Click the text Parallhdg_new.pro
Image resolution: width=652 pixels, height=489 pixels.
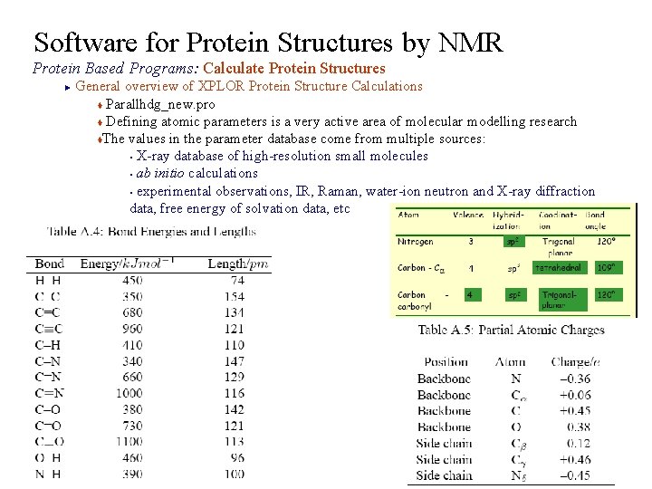160,104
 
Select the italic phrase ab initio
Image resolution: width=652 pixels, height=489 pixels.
163,173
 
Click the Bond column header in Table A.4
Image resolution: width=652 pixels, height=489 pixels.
49,264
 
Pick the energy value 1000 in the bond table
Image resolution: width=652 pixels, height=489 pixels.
129,393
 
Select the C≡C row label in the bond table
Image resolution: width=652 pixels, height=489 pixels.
49,329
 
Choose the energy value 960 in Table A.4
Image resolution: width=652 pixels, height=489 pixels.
133,329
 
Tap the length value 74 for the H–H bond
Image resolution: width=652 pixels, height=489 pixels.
236,281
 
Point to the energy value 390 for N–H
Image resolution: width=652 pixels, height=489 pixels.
133,475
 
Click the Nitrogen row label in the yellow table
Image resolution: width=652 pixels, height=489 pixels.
416,242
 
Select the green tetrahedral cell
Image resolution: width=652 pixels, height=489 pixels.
558,268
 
